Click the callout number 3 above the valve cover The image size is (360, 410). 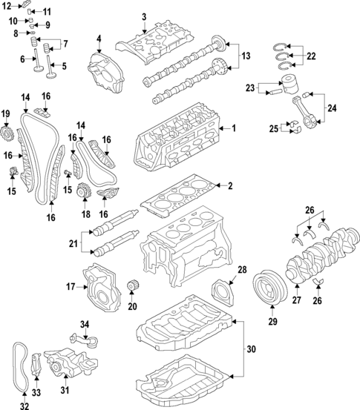[x=144, y=16]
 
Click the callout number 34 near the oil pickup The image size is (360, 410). [x=84, y=324]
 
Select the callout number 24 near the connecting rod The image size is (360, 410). [x=331, y=109]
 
